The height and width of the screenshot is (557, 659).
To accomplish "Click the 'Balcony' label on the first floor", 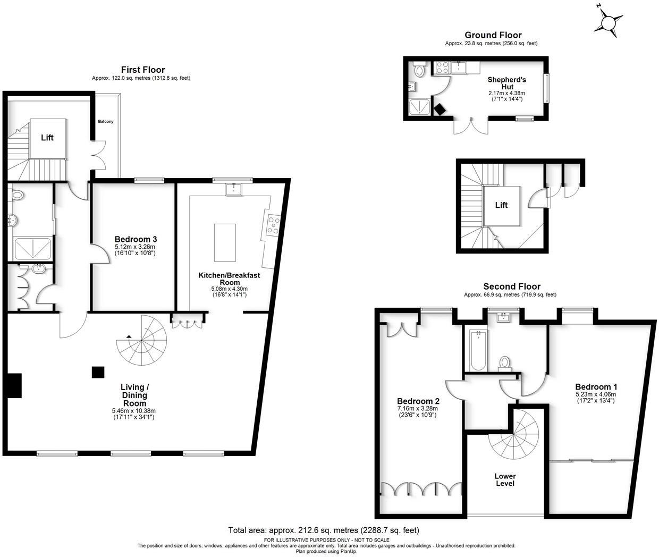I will (x=105, y=122).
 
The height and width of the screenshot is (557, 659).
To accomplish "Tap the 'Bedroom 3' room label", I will (x=136, y=240).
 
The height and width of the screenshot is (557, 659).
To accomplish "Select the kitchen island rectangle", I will (x=225, y=242).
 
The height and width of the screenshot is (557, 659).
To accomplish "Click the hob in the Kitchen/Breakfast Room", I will (x=273, y=224).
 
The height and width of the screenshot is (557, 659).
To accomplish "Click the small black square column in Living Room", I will (x=97, y=372).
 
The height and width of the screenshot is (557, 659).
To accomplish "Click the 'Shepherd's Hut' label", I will (x=506, y=83).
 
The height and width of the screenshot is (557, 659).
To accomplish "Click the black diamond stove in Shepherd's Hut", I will (x=440, y=109).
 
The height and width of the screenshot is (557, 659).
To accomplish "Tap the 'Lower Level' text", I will (x=505, y=480).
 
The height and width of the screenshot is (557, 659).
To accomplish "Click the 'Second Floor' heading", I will (x=511, y=286).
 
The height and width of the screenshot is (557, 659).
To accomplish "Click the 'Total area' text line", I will (x=324, y=530).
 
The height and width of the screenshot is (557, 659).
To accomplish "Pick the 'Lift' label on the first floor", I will (x=47, y=138).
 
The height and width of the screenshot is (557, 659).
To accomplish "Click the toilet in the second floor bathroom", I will (x=504, y=364).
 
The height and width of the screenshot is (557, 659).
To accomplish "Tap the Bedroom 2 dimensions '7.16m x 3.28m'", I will (x=417, y=408).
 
